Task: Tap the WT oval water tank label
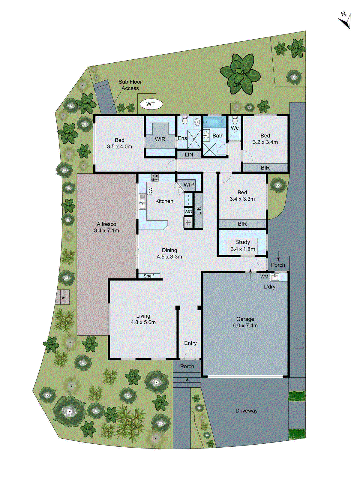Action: click(x=151, y=104)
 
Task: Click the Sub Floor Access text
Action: click(x=130, y=85)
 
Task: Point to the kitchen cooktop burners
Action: click(x=155, y=178)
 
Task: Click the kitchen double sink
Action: click(x=142, y=201)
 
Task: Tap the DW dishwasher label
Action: click(x=150, y=191)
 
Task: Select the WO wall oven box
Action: click(x=188, y=211)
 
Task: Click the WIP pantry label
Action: click(x=189, y=184)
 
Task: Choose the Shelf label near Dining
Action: click(x=149, y=276)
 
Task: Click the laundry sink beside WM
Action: click(x=274, y=277)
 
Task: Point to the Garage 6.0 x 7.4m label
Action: click(x=245, y=322)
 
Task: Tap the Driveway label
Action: click(x=246, y=411)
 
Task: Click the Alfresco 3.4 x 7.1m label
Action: click(x=106, y=227)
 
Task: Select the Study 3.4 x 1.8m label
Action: click(x=243, y=245)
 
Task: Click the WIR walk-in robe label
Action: click(x=160, y=139)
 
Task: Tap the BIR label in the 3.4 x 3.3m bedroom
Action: click(x=242, y=224)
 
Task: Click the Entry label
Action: click(x=190, y=343)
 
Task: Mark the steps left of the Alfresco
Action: click(x=62, y=297)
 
